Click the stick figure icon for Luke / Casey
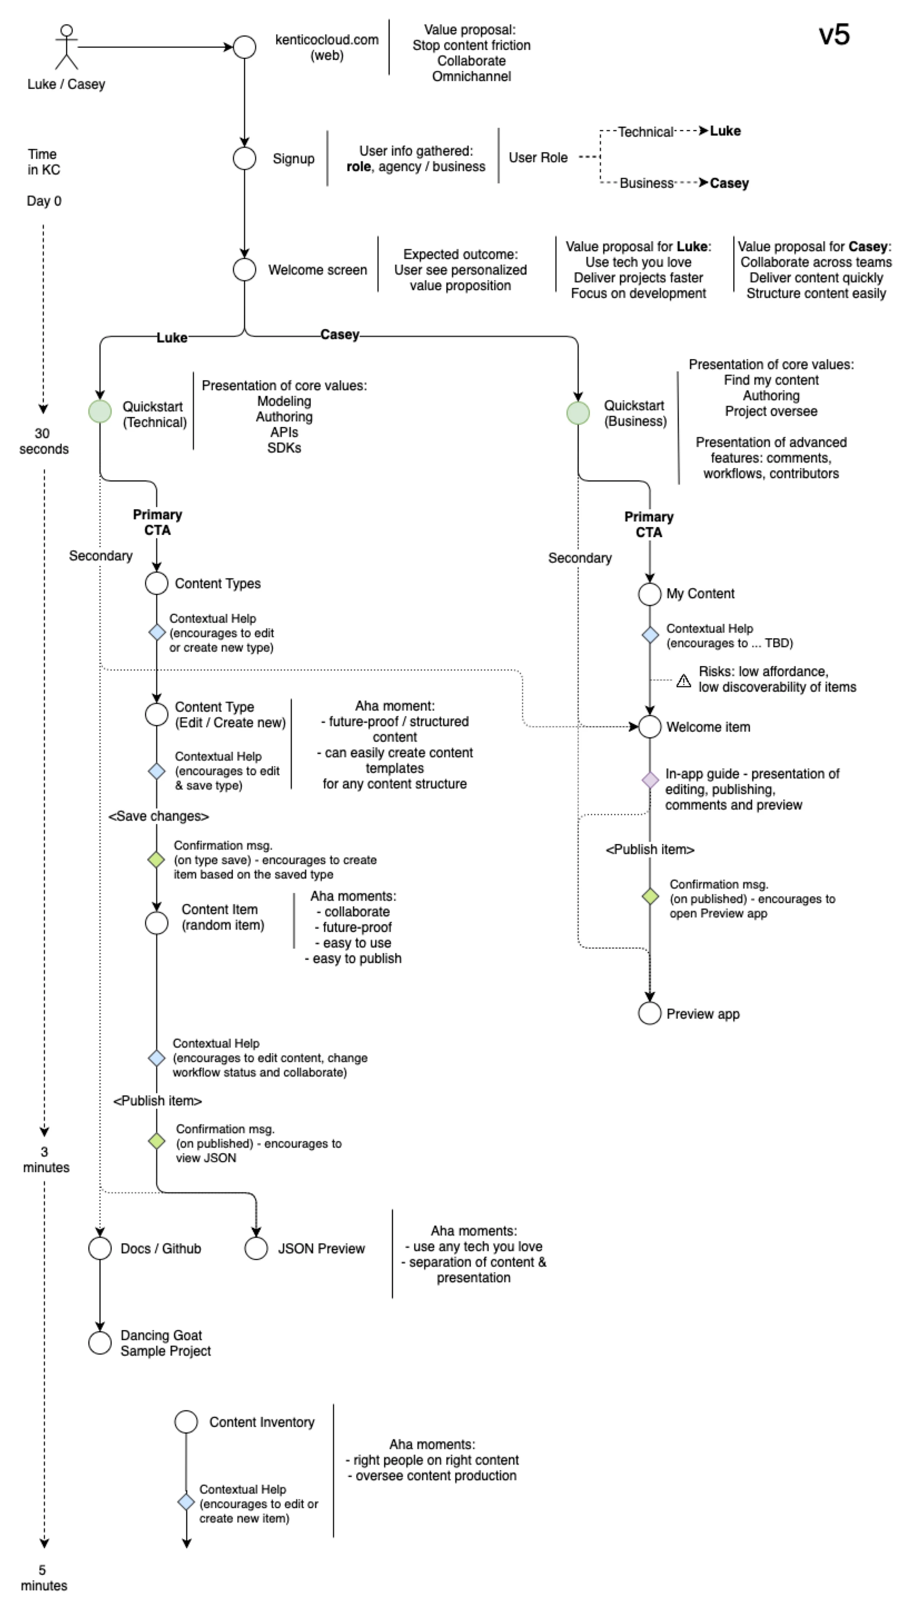[x=66, y=47]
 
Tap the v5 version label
[x=834, y=35]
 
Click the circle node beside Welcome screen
[x=244, y=270]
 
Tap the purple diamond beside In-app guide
[x=650, y=780]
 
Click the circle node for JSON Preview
[x=256, y=1249]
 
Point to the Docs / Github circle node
[x=100, y=1249]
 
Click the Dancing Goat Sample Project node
[x=100, y=1343]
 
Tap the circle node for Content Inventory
[x=186, y=1422]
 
